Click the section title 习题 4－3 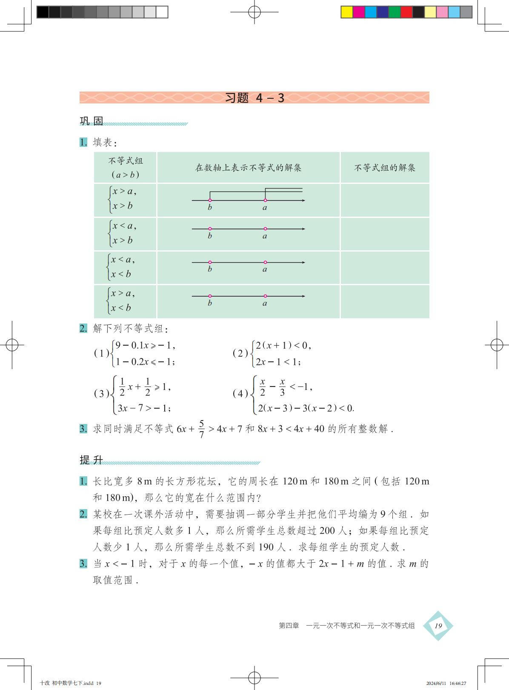click(x=254, y=98)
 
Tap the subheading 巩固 click(x=92, y=121)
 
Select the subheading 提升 click(x=92, y=460)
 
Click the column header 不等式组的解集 click(x=385, y=168)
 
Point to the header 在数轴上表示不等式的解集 click(x=248, y=168)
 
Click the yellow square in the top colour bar click(x=347, y=12)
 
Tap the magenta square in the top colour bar click(x=359, y=12)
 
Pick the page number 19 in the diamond click(x=438, y=625)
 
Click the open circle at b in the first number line click(x=210, y=200)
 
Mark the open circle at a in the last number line click(x=265, y=296)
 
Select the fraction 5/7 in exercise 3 click(x=201, y=429)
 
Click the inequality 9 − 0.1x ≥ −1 click(x=145, y=346)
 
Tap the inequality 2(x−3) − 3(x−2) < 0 click(x=306, y=408)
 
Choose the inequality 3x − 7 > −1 click(x=144, y=408)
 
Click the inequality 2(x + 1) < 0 click(x=283, y=346)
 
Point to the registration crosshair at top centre click(x=254, y=12)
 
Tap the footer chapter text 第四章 click(x=289, y=625)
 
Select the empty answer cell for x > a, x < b click(x=385, y=301)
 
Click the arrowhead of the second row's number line click(x=303, y=229)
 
